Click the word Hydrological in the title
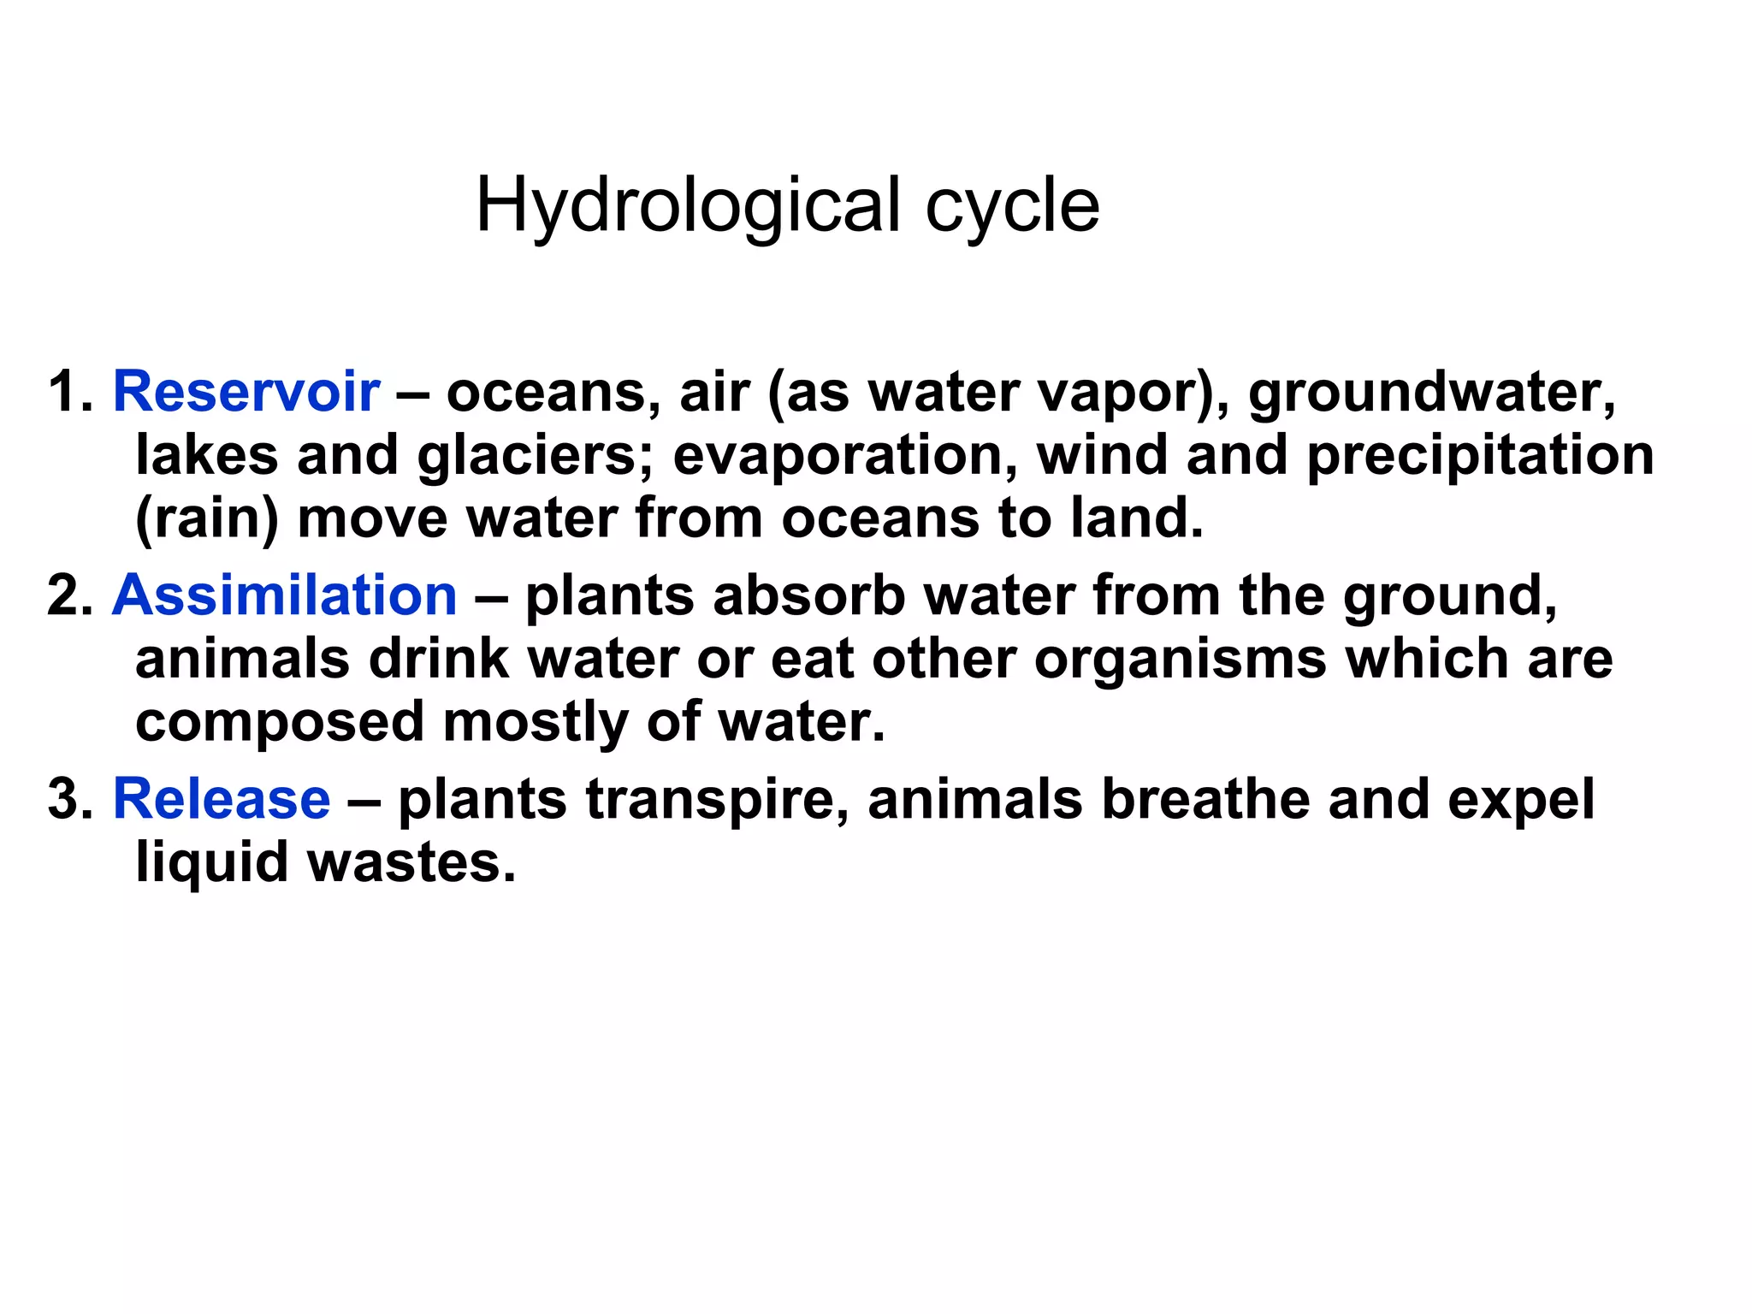pyautogui.click(x=688, y=206)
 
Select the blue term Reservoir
pyautogui.click(x=246, y=392)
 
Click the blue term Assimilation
pyautogui.click(x=285, y=595)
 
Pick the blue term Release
pyautogui.click(x=222, y=799)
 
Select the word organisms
pyautogui.click(x=1180, y=660)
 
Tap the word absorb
pyautogui.click(x=809, y=595)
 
